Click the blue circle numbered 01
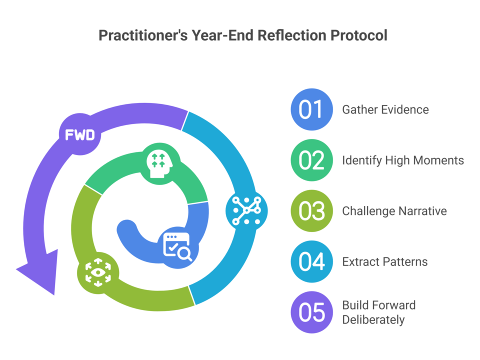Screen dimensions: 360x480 tap(311, 109)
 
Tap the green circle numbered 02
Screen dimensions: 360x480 tap(311, 160)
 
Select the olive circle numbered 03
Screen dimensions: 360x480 tap(311, 211)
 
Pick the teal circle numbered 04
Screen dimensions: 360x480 tap(311, 261)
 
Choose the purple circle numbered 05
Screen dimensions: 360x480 tap(311, 312)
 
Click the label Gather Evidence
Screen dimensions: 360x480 tap(385, 109)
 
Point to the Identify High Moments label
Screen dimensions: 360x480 tap(403, 160)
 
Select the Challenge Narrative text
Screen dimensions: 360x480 tap(394, 211)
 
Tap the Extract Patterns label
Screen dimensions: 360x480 tap(384, 261)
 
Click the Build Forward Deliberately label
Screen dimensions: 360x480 tap(378, 312)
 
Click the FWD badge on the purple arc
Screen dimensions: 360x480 tap(80, 134)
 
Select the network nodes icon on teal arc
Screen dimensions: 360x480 tap(246, 210)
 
